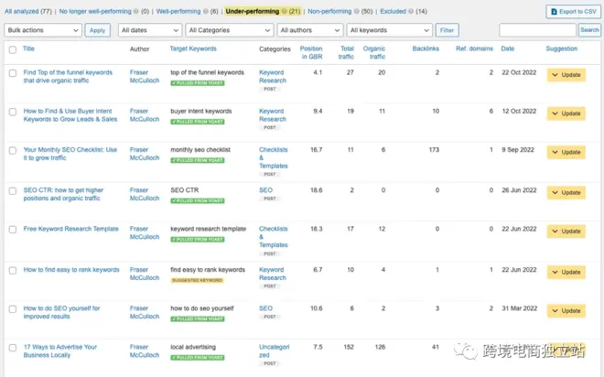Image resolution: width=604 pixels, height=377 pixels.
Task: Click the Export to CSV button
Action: [x=573, y=12]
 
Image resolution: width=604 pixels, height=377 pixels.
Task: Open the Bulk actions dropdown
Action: [x=43, y=30]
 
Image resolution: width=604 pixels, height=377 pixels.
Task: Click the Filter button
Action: [x=448, y=30]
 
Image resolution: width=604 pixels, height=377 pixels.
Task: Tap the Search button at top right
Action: [x=589, y=30]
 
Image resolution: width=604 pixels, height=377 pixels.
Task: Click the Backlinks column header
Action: [x=426, y=48]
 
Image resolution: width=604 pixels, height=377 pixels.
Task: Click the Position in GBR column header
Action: [x=310, y=52]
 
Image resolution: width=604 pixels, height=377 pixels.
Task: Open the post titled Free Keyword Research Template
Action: [x=70, y=229]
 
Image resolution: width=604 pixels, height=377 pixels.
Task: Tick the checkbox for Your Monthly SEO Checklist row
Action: [x=13, y=151]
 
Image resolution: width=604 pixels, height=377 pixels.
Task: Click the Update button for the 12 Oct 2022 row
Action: [x=566, y=113]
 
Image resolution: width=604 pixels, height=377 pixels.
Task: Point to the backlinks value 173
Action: [x=433, y=149]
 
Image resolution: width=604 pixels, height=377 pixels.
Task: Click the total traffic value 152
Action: [x=347, y=347]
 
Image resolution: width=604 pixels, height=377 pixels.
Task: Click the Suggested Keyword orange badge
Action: [x=197, y=279]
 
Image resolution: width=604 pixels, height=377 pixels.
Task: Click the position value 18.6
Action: [x=315, y=189]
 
